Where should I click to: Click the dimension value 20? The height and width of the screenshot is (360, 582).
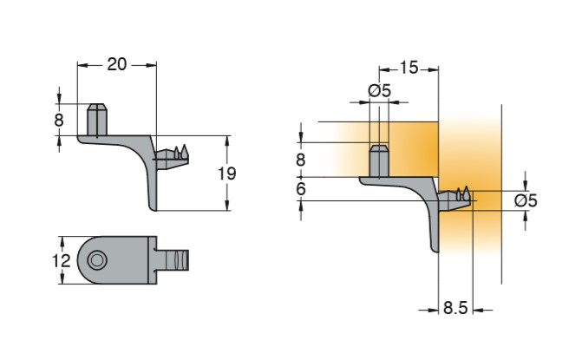(118, 64)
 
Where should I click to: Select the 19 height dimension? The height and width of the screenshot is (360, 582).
(226, 173)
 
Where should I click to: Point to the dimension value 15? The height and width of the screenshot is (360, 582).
(409, 67)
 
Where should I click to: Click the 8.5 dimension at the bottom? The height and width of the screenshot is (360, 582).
(456, 308)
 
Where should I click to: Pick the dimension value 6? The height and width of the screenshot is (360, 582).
(301, 188)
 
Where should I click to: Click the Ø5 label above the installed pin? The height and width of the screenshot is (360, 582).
(380, 90)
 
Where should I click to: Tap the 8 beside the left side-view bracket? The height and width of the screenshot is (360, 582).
(59, 120)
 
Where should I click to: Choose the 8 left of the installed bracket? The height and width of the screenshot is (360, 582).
(301, 160)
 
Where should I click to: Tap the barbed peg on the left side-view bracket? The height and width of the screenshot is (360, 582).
(177, 155)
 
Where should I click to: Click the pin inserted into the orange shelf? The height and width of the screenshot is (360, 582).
(379, 161)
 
